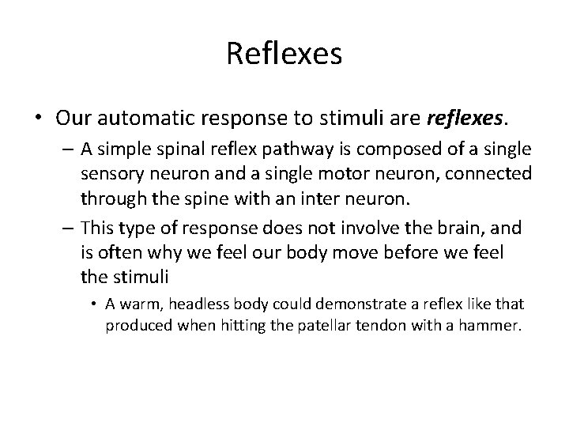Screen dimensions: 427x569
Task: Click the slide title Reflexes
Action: tap(284, 55)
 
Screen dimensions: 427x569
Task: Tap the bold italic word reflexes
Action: tap(462, 119)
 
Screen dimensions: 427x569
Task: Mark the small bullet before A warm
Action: tap(95, 304)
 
